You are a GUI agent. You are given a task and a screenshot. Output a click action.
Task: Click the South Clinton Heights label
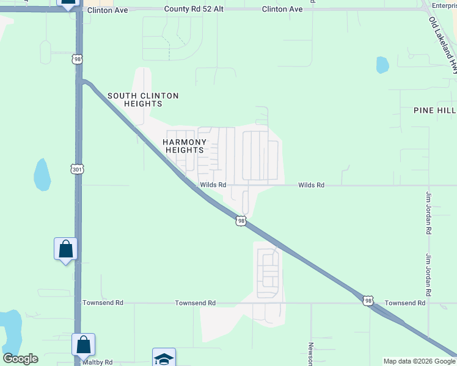click(x=143, y=99)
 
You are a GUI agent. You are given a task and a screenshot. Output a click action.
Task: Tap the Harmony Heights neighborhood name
click(x=183, y=146)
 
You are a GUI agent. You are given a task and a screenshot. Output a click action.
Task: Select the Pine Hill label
click(x=434, y=110)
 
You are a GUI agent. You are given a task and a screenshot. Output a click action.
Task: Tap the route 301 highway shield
click(x=76, y=168)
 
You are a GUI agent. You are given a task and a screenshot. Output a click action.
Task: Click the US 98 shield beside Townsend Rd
click(x=367, y=300)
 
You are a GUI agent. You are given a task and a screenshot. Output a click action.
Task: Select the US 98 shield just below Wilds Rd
click(x=241, y=221)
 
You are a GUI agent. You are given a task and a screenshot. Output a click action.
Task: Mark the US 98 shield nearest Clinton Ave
click(x=76, y=59)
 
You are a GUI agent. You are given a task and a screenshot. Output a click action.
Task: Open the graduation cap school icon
click(x=164, y=358)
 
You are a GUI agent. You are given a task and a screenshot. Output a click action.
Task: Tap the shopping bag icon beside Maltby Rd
click(x=83, y=345)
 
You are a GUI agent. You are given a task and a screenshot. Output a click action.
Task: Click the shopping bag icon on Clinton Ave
click(x=68, y=3)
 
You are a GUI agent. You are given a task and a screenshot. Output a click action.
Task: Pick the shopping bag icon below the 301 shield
click(x=65, y=249)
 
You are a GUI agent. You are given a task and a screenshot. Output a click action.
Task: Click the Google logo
click(x=20, y=359)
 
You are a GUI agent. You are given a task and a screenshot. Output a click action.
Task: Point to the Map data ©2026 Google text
click(x=419, y=361)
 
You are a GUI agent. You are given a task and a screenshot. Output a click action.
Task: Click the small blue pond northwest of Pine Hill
click(x=382, y=64)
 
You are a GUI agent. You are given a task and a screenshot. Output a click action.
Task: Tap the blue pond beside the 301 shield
click(x=42, y=174)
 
